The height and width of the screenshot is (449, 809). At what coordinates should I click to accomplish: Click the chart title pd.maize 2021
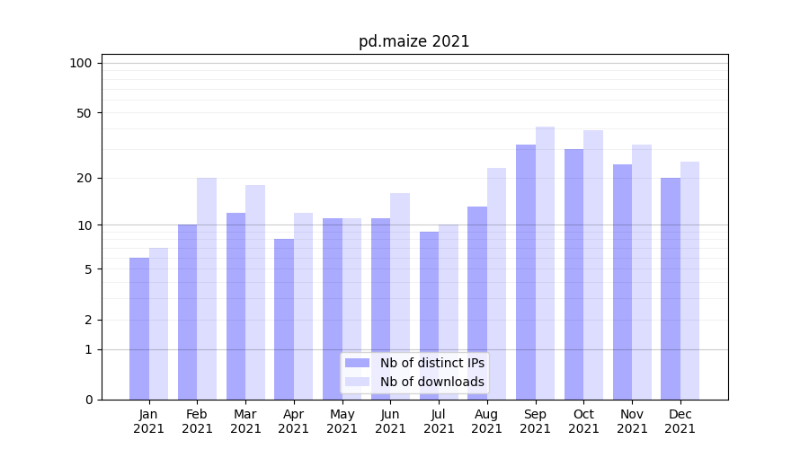pyautogui.click(x=413, y=41)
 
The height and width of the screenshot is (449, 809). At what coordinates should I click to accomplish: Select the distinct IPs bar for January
pyautogui.click(x=139, y=328)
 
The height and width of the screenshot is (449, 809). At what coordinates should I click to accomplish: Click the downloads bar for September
pyautogui.click(x=545, y=262)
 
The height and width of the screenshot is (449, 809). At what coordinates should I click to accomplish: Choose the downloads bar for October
pyautogui.click(x=593, y=265)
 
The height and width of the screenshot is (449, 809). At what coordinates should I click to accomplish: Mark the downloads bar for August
pyautogui.click(x=497, y=283)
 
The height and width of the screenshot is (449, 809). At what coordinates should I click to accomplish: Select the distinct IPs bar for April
pyautogui.click(x=284, y=319)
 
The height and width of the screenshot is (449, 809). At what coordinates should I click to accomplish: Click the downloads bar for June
pyautogui.click(x=400, y=296)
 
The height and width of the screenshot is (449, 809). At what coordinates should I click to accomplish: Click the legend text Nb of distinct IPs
pyautogui.click(x=431, y=363)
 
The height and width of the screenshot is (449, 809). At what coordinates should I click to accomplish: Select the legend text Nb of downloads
pyautogui.click(x=431, y=382)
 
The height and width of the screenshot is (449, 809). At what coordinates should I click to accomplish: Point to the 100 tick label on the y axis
pyautogui.click(x=81, y=63)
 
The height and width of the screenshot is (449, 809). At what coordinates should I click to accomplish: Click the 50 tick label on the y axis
pyautogui.click(x=84, y=113)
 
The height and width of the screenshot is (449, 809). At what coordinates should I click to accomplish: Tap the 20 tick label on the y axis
pyautogui.click(x=84, y=178)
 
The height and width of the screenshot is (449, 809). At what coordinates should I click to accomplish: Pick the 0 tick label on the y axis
pyautogui.click(x=88, y=400)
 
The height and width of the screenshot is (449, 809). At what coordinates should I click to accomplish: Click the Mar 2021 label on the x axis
pyautogui.click(x=245, y=421)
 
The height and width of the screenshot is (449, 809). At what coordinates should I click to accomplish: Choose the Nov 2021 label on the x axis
pyautogui.click(x=632, y=421)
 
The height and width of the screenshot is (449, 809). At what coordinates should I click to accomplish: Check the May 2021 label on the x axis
pyautogui.click(x=342, y=421)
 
